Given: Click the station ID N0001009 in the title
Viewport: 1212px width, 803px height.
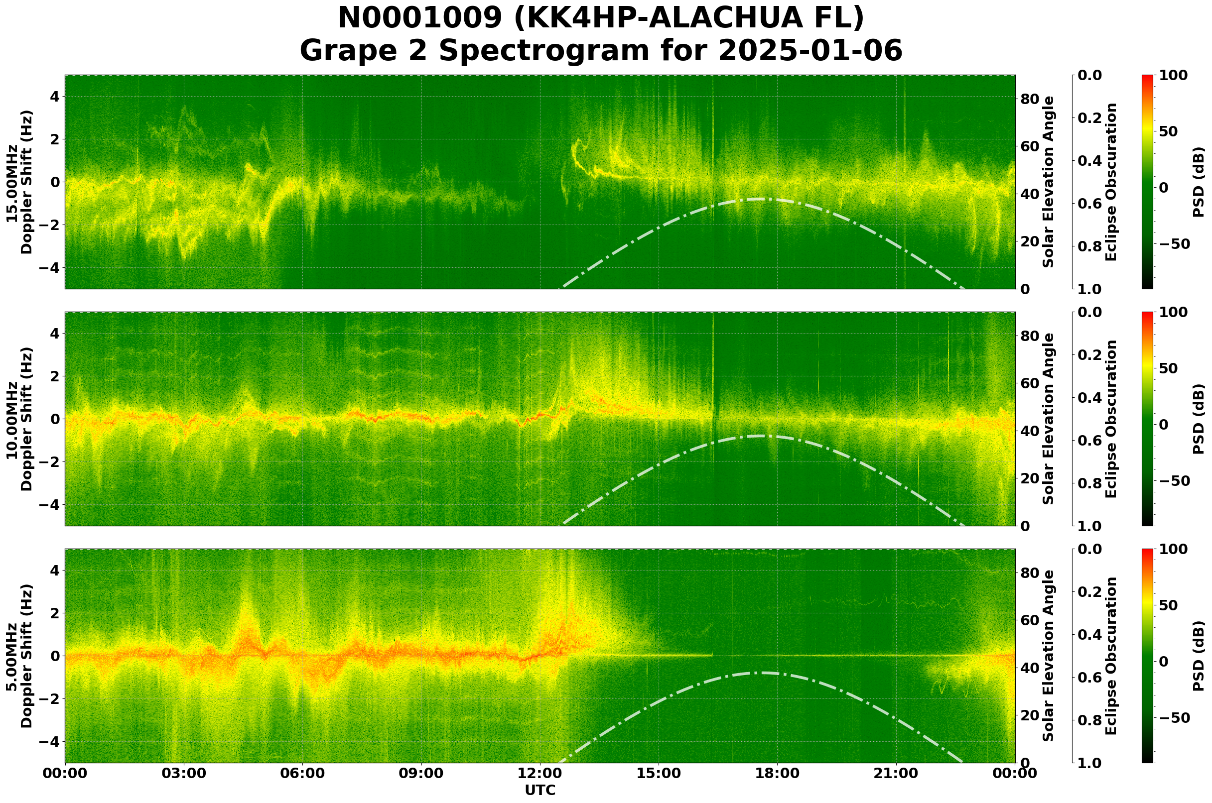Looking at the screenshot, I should (x=420, y=18).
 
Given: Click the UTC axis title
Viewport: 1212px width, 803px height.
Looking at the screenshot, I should (x=539, y=790).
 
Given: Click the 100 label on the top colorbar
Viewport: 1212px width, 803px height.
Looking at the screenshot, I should (x=1173, y=75).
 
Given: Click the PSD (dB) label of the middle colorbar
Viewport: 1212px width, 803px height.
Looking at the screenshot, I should (x=1199, y=419).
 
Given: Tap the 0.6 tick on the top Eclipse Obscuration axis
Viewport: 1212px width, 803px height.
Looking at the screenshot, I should (x=1091, y=204).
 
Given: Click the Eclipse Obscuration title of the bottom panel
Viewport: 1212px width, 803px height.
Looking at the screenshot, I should (x=1111, y=656).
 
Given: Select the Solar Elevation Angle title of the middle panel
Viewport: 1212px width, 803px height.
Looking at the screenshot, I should (x=1049, y=419).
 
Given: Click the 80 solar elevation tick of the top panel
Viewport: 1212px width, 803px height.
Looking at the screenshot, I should (x=1030, y=99).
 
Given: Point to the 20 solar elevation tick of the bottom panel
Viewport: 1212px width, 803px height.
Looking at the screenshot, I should (x=1030, y=715).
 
